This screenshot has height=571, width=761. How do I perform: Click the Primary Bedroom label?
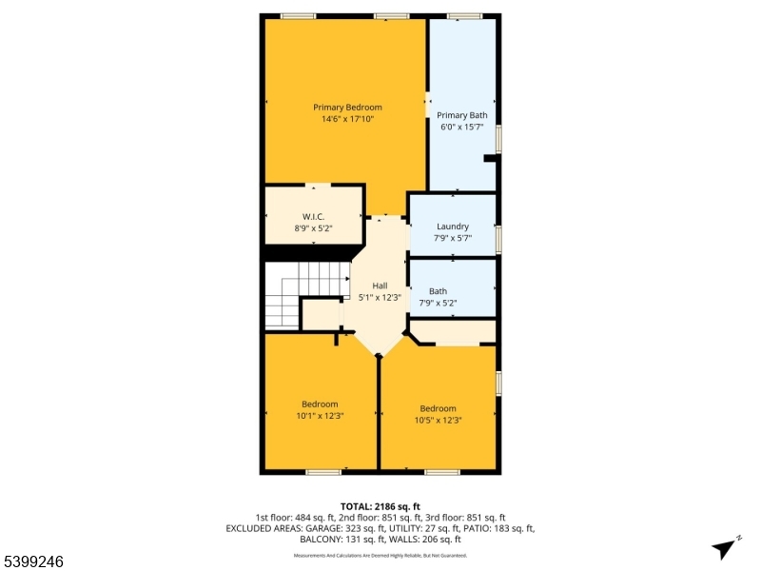tap(347, 108)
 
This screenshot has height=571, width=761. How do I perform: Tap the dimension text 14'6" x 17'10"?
tap(347, 119)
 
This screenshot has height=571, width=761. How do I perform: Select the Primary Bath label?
tap(462, 115)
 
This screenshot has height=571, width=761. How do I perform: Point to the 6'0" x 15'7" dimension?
tap(462, 127)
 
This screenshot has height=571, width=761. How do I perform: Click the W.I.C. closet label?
tap(314, 217)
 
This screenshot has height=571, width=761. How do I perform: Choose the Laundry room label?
tap(453, 226)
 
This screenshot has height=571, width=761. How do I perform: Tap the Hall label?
tap(380, 285)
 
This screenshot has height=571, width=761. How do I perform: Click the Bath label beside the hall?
tap(438, 291)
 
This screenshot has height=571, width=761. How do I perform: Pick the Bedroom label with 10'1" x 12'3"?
tap(320, 404)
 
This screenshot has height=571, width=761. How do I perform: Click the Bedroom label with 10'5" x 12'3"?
tap(438, 408)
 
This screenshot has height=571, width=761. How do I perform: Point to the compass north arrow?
tap(725, 547)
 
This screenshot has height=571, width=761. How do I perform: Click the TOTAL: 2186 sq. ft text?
tap(380, 506)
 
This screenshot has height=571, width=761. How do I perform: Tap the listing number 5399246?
tap(33, 561)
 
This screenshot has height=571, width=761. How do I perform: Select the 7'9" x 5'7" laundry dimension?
tap(453, 238)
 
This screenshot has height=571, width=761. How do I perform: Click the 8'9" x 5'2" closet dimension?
tap(314, 228)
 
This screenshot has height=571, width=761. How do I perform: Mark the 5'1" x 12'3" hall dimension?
tap(380, 297)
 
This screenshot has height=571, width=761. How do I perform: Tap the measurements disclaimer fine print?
tap(380, 555)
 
